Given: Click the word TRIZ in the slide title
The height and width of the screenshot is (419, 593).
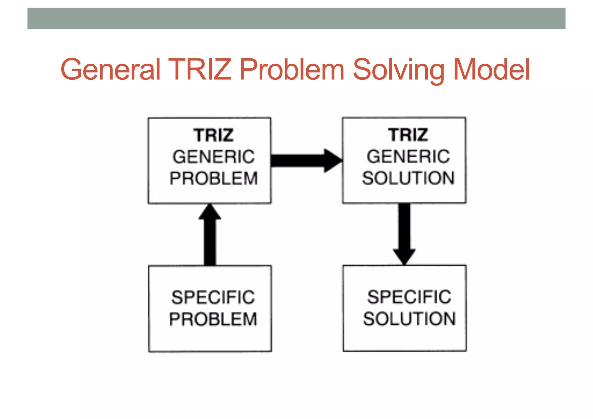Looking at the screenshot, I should [x=200, y=69].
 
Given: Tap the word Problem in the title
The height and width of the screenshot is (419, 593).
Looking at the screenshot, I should [x=292, y=69].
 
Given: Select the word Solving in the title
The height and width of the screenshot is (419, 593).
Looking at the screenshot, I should [x=398, y=69].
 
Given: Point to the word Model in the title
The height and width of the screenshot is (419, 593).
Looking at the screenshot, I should [x=491, y=69].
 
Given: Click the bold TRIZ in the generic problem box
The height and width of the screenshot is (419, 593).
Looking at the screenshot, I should [x=214, y=135].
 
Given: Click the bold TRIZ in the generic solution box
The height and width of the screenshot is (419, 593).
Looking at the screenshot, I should [x=408, y=135].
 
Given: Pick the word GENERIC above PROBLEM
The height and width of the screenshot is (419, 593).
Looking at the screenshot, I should [x=214, y=157].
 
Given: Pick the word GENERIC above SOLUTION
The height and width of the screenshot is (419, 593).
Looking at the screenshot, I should [x=408, y=156].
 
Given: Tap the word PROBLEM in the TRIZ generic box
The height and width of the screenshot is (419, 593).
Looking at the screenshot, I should [x=214, y=178].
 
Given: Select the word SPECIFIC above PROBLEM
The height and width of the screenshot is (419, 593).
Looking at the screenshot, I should [x=213, y=297].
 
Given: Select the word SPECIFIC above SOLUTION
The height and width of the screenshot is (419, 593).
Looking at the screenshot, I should [x=409, y=297].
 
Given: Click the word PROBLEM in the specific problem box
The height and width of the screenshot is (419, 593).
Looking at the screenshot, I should [x=213, y=319].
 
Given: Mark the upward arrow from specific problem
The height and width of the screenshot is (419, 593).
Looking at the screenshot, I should [x=210, y=237].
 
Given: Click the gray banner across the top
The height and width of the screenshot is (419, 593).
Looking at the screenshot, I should [x=296, y=19].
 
